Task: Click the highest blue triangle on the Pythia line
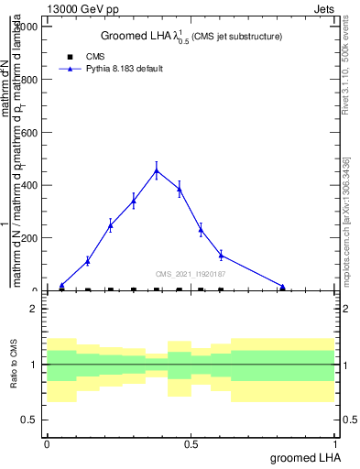(157, 170)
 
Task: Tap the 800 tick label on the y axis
(27, 80)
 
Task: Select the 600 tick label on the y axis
(27, 133)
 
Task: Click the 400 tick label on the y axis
(27, 185)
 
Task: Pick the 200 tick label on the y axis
(27, 238)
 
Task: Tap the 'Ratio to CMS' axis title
(15, 365)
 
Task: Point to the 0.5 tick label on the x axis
(191, 443)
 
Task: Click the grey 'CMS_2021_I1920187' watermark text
(191, 274)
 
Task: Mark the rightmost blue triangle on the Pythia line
(282, 287)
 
